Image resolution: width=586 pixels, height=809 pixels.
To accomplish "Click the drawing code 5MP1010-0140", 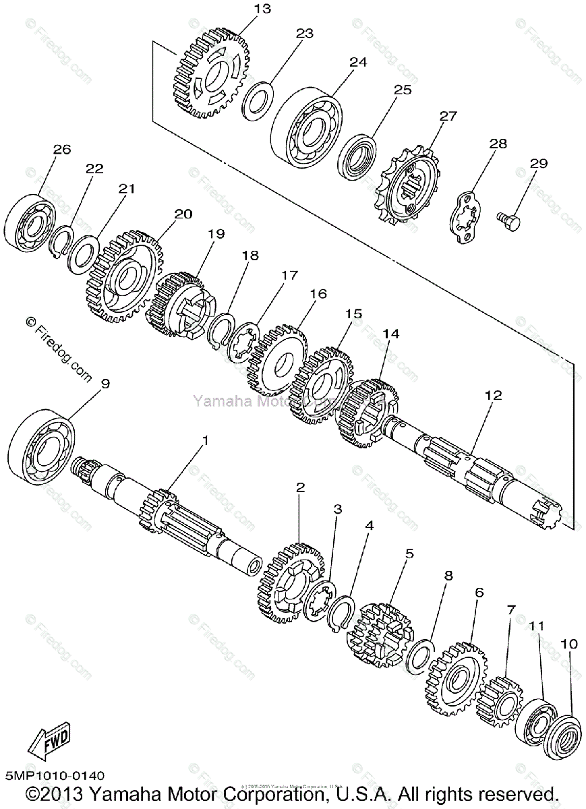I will pyautogui.click(x=53, y=777).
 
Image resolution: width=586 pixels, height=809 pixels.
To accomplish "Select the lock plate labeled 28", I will pyautogui.click(x=465, y=216).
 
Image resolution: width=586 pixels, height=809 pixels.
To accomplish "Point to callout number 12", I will pyautogui.click(x=493, y=396).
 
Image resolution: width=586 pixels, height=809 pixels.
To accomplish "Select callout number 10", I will pyautogui.click(x=569, y=644).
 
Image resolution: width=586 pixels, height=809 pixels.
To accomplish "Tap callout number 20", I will pyautogui.click(x=183, y=214).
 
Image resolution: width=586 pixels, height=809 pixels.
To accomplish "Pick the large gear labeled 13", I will pyautogui.click(x=212, y=75).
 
